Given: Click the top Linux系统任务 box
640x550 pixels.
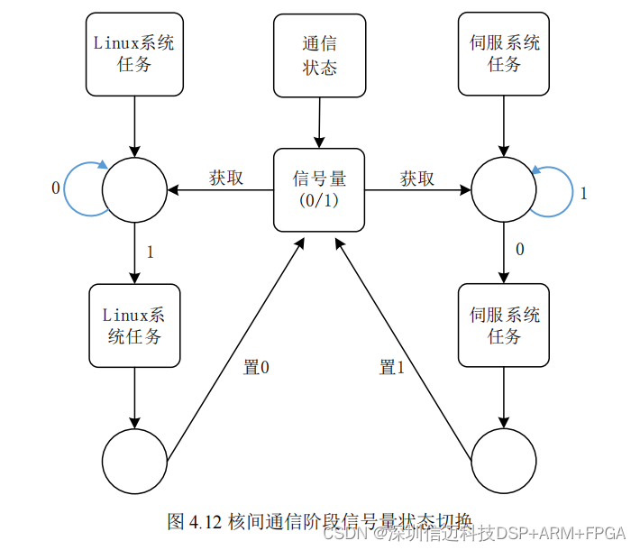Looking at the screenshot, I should coord(133,53).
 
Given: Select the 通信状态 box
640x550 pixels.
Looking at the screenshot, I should coord(320,54).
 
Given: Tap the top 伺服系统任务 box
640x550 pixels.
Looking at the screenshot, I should coord(504,53).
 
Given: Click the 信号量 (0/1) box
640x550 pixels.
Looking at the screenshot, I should coord(318,189).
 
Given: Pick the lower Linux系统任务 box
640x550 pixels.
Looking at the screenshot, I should coord(134,325).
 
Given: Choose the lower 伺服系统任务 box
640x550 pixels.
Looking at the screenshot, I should coord(504,325).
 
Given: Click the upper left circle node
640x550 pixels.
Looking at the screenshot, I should coord(134,189).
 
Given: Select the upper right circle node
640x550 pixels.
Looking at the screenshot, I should coord(504,189).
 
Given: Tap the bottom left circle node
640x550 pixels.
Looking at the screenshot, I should coord(134,461).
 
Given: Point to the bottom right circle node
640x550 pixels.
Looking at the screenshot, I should coord(504,461).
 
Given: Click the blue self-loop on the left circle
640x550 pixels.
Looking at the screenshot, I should coord(79,188).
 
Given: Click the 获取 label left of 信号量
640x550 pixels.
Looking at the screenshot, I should coord(226,178).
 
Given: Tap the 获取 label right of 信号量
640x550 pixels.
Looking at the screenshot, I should coord(416,179).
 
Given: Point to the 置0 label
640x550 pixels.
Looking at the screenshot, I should coord(257,367).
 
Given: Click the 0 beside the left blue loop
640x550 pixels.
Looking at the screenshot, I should coord(56,188).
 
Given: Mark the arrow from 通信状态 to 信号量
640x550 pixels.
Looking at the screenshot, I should coord(318,122).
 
